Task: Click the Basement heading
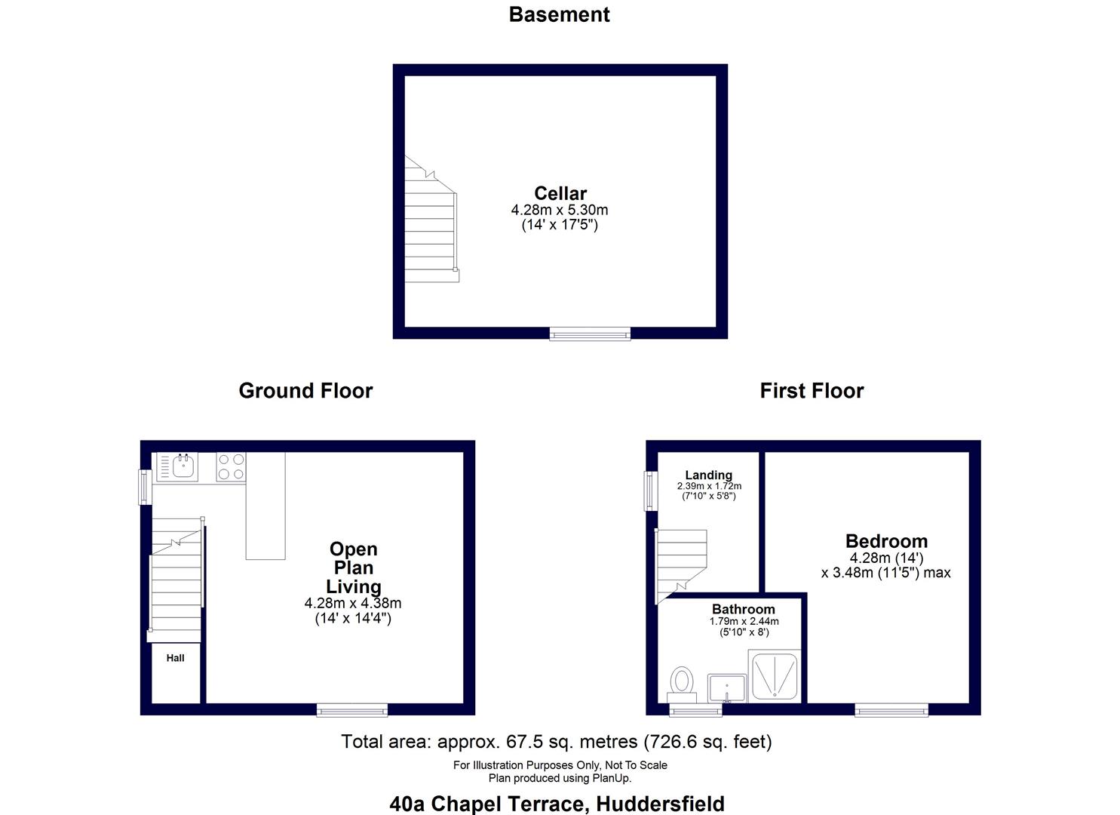click(x=559, y=14)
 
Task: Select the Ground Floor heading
click(x=305, y=390)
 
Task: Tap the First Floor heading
click(x=812, y=390)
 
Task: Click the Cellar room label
click(x=560, y=193)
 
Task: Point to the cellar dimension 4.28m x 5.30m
click(x=560, y=210)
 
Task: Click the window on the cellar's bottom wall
click(x=590, y=334)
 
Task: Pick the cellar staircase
click(x=431, y=226)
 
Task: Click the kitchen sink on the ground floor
click(x=183, y=466)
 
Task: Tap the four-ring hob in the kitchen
click(x=232, y=466)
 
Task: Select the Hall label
click(x=176, y=658)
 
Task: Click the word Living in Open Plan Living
click(x=353, y=586)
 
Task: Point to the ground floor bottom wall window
click(x=352, y=710)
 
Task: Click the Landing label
click(x=708, y=475)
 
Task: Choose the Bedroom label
click(x=886, y=541)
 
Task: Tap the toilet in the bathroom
click(x=683, y=684)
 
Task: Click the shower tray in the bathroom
click(x=774, y=674)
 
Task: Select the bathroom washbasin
click(x=727, y=687)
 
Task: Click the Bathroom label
click(x=743, y=609)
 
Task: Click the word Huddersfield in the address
click(x=660, y=804)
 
